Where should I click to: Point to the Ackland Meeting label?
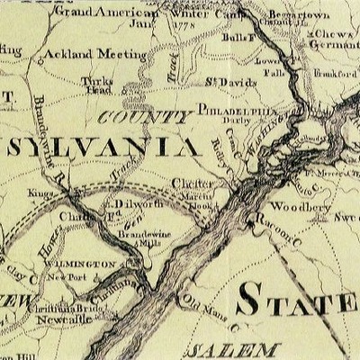point(94,54)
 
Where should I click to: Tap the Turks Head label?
point(96,84)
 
